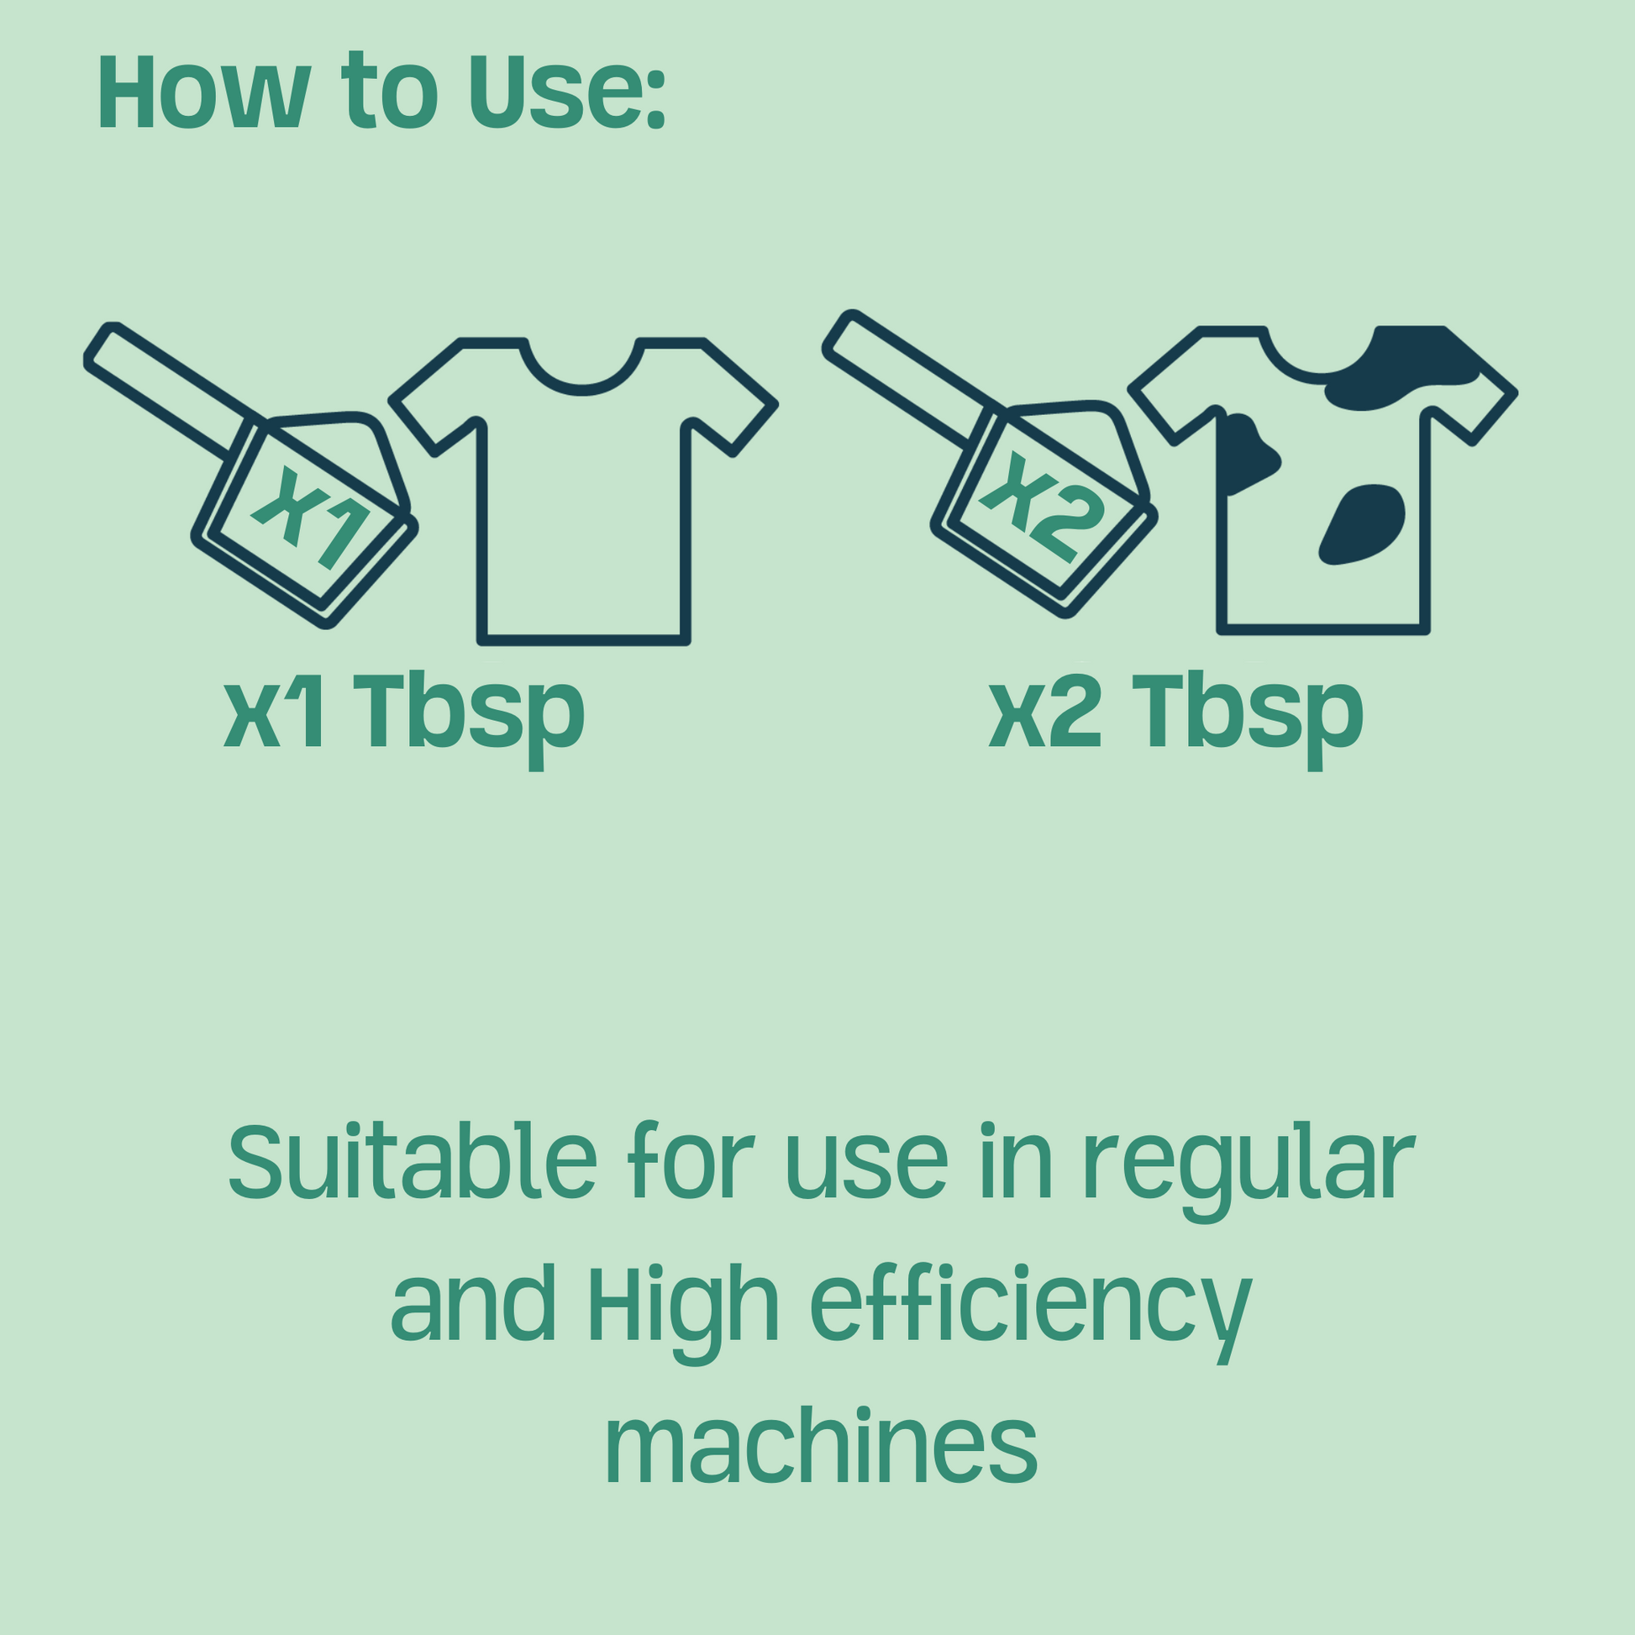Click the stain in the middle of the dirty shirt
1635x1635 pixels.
pyautogui.click(x=1362, y=523)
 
